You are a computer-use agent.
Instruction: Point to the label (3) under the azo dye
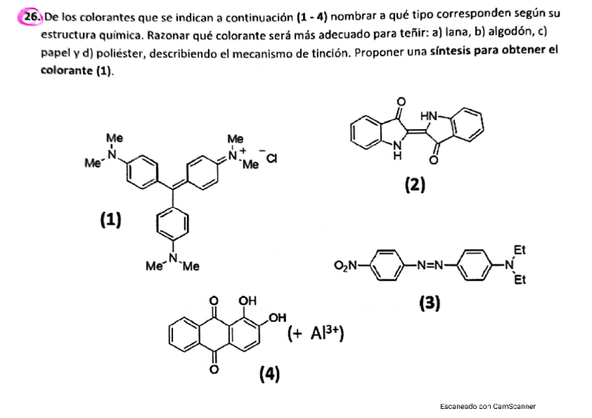coord(429,303)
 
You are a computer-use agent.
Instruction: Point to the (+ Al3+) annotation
coord(317,334)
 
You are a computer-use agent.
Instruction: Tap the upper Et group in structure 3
coord(519,248)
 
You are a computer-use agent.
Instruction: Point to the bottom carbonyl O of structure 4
coord(214,368)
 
